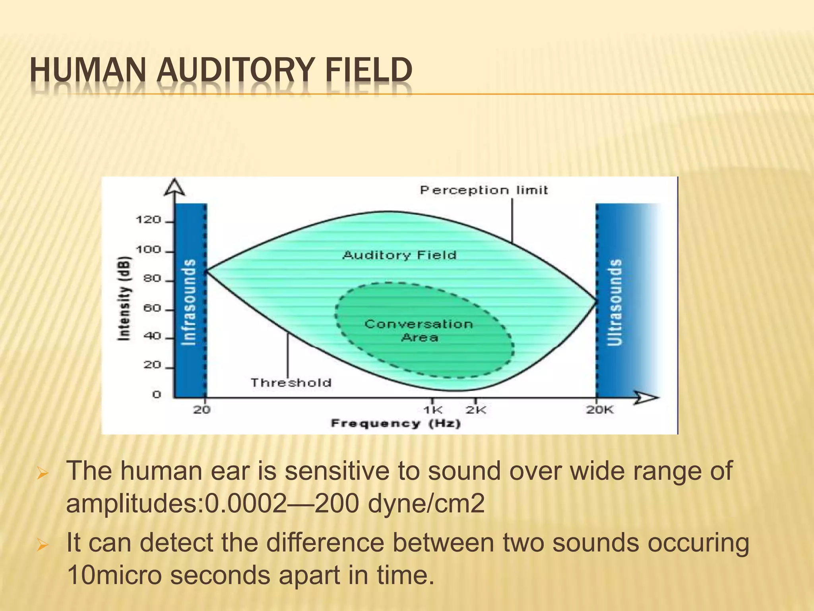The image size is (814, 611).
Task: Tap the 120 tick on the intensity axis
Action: click(148, 220)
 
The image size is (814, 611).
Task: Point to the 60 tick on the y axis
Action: click(152, 308)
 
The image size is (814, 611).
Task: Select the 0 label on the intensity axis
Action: click(157, 394)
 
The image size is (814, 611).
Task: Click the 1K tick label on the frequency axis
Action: click(432, 410)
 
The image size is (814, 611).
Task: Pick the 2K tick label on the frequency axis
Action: click(476, 410)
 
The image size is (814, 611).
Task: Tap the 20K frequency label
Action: click(600, 410)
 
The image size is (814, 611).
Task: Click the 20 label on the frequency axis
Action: click(202, 410)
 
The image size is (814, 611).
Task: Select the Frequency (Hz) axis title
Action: click(396, 423)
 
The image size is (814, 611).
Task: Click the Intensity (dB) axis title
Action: click(124, 298)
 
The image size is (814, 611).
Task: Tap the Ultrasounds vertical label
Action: click(615, 302)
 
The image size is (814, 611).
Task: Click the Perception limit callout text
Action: click(484, 190)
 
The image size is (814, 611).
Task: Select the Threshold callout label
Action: click(291, 383)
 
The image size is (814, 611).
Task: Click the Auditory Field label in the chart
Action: click(399, 255)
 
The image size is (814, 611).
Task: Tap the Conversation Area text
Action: click(419, 330)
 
